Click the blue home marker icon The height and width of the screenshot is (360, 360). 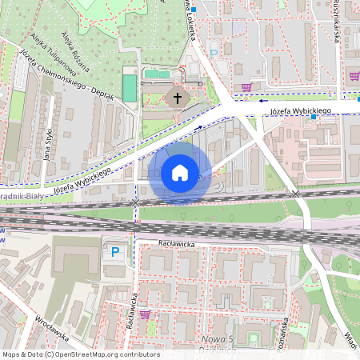180,173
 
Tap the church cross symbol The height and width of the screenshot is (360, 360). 178,98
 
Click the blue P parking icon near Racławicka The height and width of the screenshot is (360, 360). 115,252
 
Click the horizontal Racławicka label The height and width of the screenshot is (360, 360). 177,240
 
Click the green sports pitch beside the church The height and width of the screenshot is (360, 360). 129,88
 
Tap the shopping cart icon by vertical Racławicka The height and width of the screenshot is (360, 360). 145,314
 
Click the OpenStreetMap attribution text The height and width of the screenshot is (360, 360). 81,354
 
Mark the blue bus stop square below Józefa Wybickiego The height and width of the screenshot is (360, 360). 314,118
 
